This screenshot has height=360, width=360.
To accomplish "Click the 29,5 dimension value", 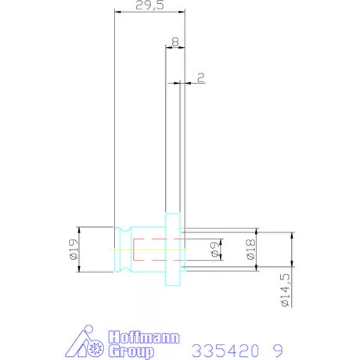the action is click(149, 5).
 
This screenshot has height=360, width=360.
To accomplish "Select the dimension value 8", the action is click(175, 41).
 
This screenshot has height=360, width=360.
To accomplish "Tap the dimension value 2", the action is click(201, 77).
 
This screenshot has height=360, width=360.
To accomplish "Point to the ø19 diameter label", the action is click(74, 249).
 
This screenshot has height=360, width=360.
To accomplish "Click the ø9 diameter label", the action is click(215, 249).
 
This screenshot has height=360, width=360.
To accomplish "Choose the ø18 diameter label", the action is click(251, 249).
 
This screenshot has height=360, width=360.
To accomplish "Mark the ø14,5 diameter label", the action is click(285, 290).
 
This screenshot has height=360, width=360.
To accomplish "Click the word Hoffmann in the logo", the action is click(144, 337).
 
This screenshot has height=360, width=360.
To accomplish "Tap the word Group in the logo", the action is click(131, 351).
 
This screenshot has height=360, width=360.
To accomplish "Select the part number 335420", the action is click(226, 351).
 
